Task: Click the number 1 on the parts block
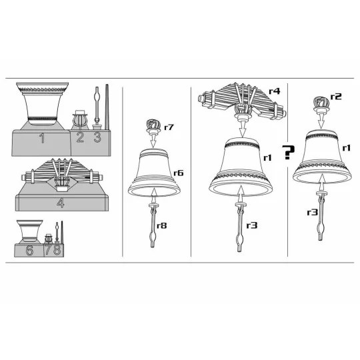point(42,139)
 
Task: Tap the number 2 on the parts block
point(80,137)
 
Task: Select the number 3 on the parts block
point(97,137)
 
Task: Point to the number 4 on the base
point(61,203)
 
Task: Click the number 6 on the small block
point(29,250)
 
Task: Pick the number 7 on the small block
point(49,250)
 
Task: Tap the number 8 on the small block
point(57,250)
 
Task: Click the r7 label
point(169,127)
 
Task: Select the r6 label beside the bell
point(179,173)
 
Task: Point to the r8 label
point(161,226)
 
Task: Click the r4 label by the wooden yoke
point(275,91)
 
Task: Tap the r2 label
point(336,97)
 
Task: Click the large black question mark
point(289,152)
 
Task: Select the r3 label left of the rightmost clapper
point(312,213)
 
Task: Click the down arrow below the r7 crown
point(153,140)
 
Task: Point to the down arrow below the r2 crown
point(321,121)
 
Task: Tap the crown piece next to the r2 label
point(321,105)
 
